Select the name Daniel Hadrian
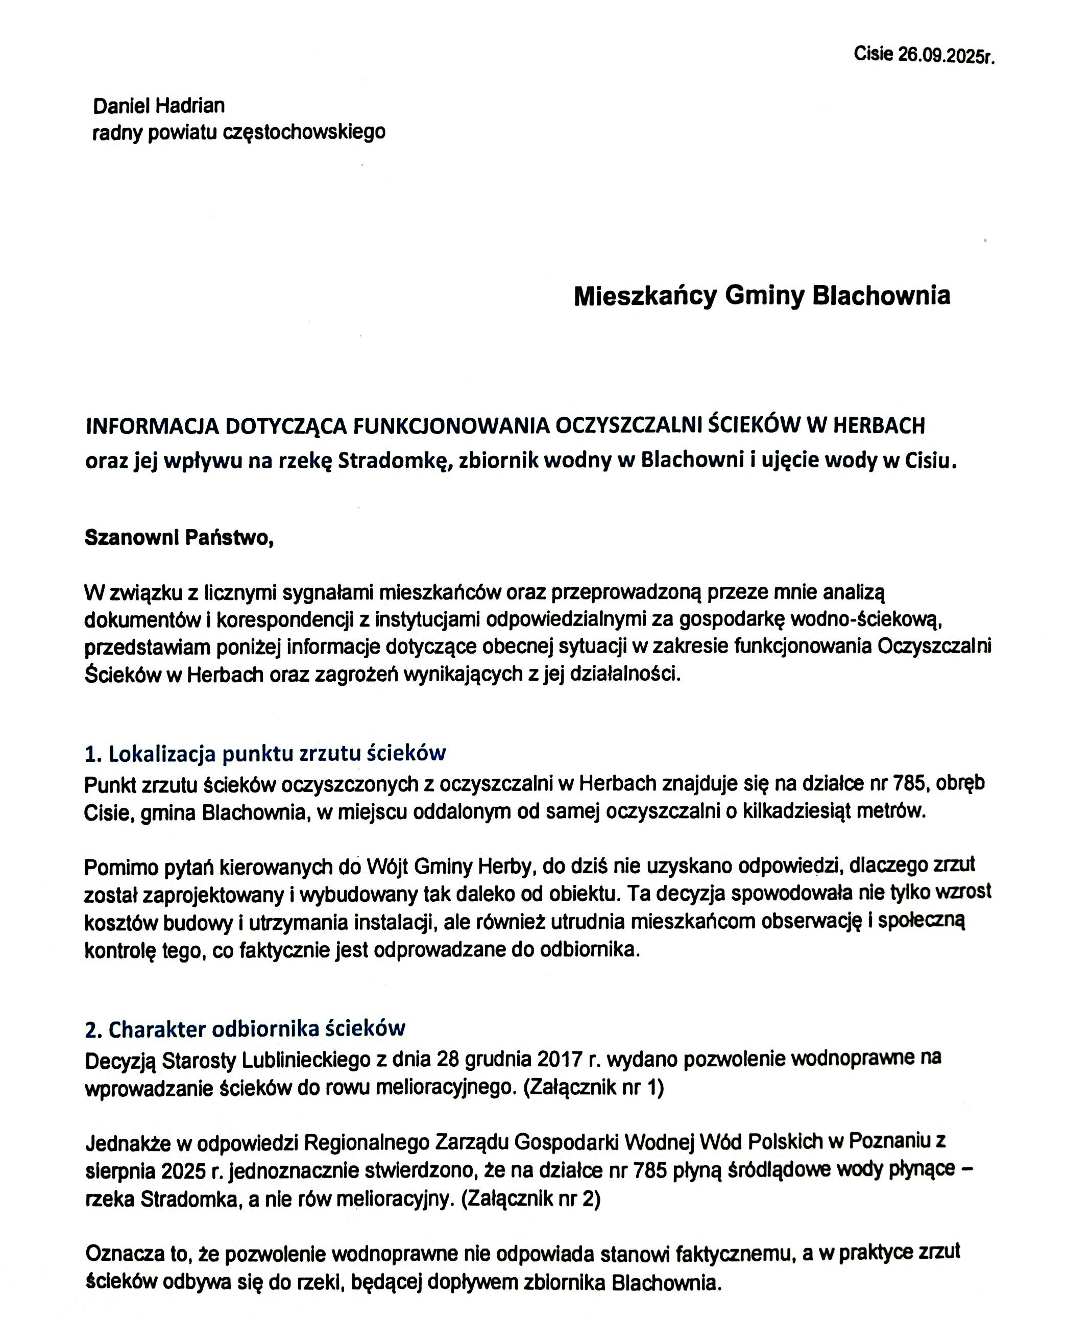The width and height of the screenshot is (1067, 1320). (159, 106)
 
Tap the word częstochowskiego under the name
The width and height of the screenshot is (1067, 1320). (304, 132)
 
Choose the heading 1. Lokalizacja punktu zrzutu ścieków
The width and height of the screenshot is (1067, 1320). (265, 753)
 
